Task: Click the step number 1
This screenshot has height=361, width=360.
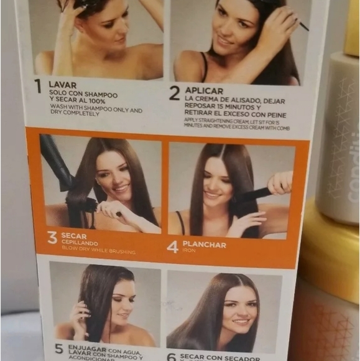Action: pyautogui.click(x=38, y=86)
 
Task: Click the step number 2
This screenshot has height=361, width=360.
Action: pyautogui.click(x=175, y=93)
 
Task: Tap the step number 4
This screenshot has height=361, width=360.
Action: pyautogui.click(x=173, y=246)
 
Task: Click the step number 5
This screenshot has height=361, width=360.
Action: pyautogui.click(x=59, y=349)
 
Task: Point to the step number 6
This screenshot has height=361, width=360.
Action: pyautogui.click(x=172, y=357)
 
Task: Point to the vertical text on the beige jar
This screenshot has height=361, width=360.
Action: pyautogui.click(x=352, y=168)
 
